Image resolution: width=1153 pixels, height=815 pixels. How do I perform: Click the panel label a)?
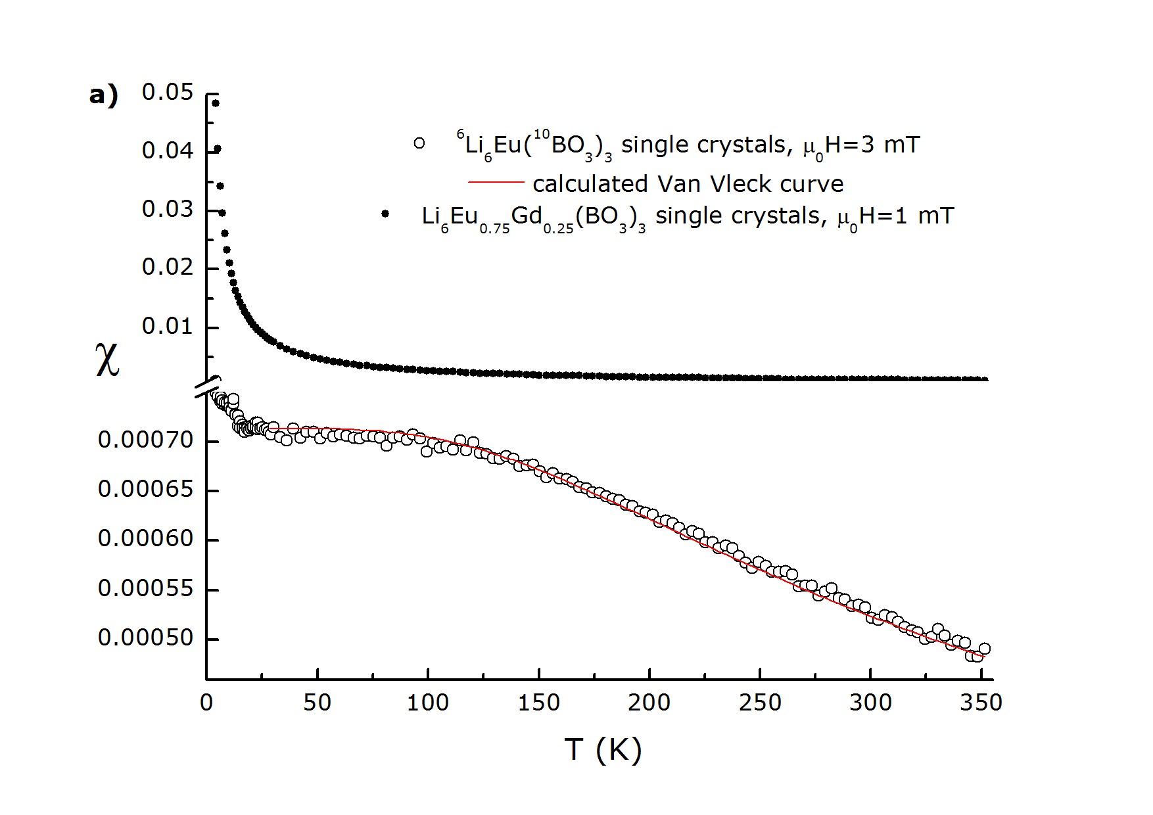point(103,96)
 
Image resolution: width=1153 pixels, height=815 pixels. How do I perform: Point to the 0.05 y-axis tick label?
point(168,93)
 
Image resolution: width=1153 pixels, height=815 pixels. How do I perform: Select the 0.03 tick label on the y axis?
point(168,210)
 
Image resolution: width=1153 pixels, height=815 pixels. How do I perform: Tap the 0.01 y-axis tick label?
point(168,327)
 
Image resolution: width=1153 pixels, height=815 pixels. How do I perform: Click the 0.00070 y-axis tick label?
point(146,440)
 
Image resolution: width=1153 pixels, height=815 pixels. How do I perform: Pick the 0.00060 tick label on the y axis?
point(146,539)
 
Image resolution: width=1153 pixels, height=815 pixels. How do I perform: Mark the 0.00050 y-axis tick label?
point(146,638)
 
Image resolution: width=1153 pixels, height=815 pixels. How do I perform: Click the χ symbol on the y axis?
point(108,362)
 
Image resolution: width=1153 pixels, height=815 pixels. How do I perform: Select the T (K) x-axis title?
point(602,749)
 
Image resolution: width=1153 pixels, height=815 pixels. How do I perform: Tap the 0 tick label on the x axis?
point(206,703)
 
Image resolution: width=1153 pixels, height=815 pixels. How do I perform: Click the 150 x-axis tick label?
point(538,703)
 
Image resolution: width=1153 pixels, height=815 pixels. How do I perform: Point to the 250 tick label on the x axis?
point(760,703)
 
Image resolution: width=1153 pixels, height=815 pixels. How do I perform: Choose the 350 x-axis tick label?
point(981,703)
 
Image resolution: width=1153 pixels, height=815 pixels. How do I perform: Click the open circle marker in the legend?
point(419,143)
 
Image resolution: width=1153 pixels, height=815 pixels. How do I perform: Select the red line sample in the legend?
point(496,182)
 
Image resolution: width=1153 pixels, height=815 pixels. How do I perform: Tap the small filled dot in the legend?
point(385,214)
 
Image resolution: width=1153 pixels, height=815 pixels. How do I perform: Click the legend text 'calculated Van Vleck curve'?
point(688,183)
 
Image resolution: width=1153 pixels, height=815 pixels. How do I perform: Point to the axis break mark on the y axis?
point(207,387)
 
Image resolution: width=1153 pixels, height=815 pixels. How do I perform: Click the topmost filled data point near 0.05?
point(215,103)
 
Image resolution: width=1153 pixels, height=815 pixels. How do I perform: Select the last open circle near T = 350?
point(984,649)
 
